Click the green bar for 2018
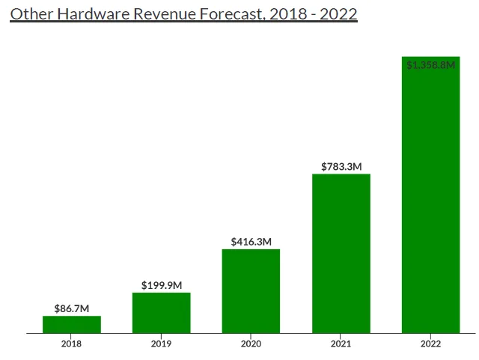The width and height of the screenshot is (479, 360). point(72,325)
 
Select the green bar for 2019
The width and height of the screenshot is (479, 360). point(162,313)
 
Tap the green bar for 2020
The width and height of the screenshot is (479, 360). point(251,291)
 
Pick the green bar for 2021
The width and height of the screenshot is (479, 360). point(341,254)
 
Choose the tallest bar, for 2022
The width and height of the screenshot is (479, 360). point(431,195)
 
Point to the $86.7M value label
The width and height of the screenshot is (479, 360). point(72,308)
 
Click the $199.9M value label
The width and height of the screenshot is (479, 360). point(162,285)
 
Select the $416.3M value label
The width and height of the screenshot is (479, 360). point(251,242)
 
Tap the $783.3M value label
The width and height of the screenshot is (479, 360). point(341,167)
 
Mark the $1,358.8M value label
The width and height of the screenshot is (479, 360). point(431,65)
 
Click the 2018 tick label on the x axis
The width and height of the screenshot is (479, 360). point(71,344)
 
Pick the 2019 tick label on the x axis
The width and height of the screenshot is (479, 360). point(161,344)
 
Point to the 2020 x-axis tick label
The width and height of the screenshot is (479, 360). point(251,344)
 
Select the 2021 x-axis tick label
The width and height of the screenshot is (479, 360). point(341,344)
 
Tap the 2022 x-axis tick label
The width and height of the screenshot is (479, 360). point(430,344)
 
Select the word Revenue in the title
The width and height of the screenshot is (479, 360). point(165,14)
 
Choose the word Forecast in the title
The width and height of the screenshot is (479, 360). point(232,14)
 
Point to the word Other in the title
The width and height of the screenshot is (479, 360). point(31,14)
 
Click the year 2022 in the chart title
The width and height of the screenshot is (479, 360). point(338,14)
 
